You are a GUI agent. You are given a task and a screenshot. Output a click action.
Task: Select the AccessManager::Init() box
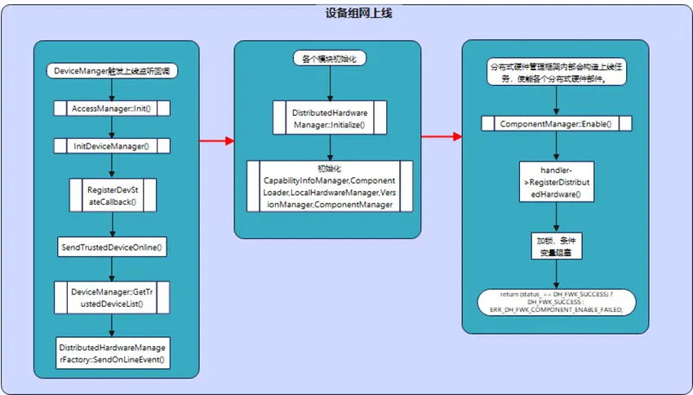pyautogui.click(x=113, y=108)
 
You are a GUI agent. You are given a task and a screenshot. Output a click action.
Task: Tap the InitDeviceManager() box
pyautogui.click(x=113, y=146)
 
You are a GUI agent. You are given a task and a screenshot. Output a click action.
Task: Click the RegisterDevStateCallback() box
pyautogui.click(x=113, y=197)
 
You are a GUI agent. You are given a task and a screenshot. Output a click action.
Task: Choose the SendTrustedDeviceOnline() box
pyautogui.click(x=113, y=246)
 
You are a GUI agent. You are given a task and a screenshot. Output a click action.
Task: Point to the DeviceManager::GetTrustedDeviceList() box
pyautogui.click(x=113, y=297)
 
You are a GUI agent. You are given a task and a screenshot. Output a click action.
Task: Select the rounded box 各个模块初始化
pyautogui.click(x=329, y=59)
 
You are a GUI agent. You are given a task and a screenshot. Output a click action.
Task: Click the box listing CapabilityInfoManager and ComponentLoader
pyautogui.click(x=329, y=185)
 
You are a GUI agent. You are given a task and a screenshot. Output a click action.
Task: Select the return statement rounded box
pyautogui.click(x=557, y=301)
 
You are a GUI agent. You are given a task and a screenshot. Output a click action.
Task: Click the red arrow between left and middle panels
pyautogui.click(x=216, y=140)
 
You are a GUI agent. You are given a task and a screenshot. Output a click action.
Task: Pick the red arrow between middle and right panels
pyautogui.click(x=442, y=135)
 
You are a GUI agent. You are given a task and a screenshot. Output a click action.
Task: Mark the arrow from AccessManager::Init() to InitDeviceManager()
pyautogui.click(x=113, y=127)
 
